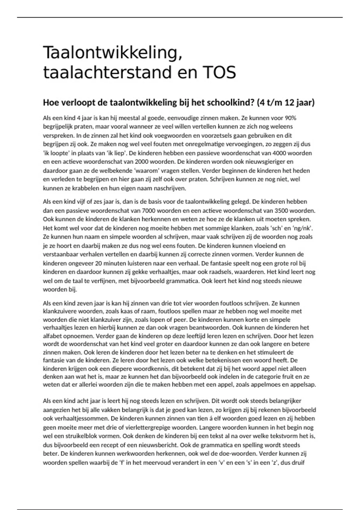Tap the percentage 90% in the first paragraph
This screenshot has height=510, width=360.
(290, 118)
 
